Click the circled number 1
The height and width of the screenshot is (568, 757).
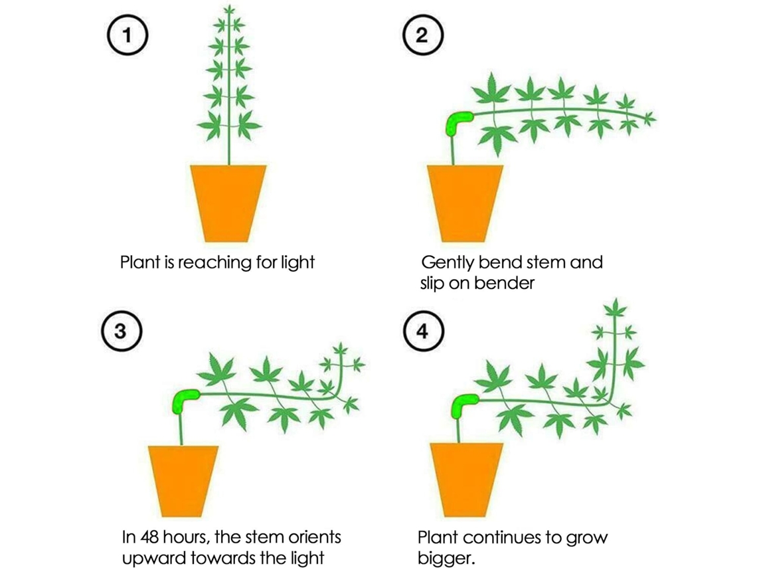pyautogui.click(x=127, y=35)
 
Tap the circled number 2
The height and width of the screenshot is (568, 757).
pyautogui.click(x=422, y=35)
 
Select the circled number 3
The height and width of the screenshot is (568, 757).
pyautogui.click(x=122, y=331)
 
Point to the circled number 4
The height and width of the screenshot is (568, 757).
pyautogui.click(x=423, y=331)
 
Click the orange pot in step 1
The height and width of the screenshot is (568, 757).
pyautogui.click(x=228, y=203)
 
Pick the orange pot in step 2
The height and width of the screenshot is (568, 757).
pyautogui.click(x=465, y=203)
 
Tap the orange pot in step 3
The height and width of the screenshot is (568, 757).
pyautogui.click(x=183, y=481)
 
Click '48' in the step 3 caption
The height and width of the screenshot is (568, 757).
pyautogui.click(x=149, y=537)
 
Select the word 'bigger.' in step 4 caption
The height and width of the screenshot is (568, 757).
pyautogui.click(x=446, y=558)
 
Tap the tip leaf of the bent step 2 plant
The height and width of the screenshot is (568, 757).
pyautogui.click(x=649, y=117)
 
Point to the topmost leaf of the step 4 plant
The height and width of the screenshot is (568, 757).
pyautogui.click(x=615, y=307)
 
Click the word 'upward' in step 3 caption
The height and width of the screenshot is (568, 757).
pyautogui.click(x=155, y=558)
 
